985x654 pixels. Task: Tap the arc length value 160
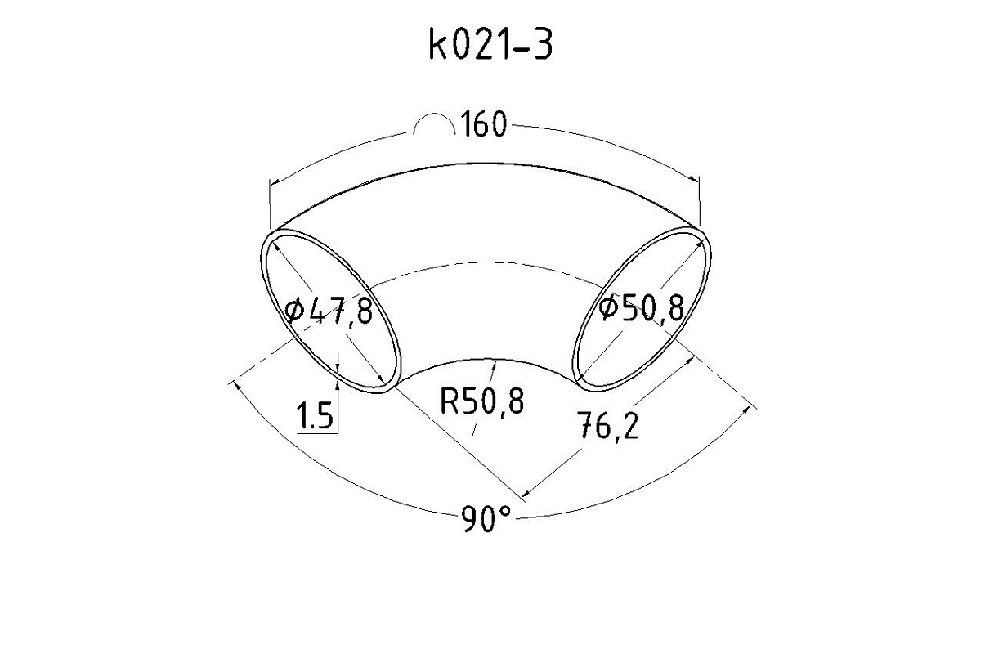(x=484, y=124)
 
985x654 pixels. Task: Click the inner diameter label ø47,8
(x=329, y=310)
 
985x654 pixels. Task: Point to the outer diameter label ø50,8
(x=642, y=307)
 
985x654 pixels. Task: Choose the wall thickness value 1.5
(x=315, y=415)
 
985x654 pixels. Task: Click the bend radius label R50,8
(x=482, y=401)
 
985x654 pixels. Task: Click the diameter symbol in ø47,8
(x=294, y=310)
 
